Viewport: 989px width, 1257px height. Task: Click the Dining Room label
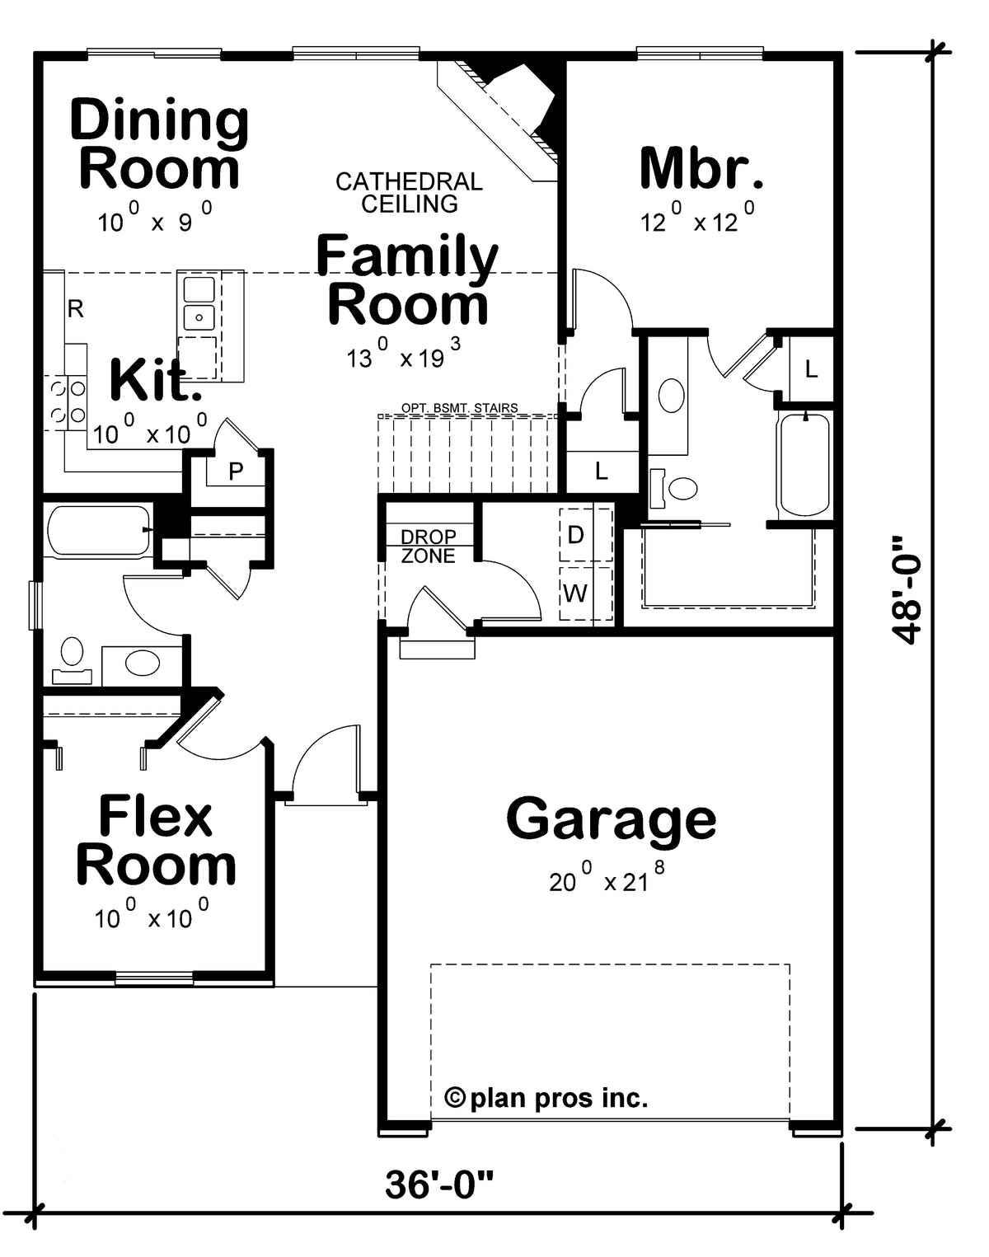[x=160, y=144]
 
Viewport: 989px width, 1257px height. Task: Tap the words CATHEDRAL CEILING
[x=409, y=193]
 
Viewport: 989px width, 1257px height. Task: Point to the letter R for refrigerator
[x=75, y=308]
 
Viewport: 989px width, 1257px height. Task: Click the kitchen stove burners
[x=68, y=402]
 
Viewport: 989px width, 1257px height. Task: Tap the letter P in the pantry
[x=236, y=471]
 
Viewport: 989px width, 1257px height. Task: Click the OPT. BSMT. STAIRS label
[x=459, y=408]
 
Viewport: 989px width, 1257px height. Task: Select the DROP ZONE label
[x=429, y=546]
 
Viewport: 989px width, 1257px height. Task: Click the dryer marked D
[x=586, y=535]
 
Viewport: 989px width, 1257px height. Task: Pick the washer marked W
[x=586, y=593]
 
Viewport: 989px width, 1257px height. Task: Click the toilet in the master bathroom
[x=673, y=488]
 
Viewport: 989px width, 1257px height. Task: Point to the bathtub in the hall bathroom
[x=99, y=530]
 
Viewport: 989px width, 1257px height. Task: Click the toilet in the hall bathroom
[x=72, y=661]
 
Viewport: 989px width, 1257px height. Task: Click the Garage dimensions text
[x=607, y=881]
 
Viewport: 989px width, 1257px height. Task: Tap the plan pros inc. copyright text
[x=546, y=1098]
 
